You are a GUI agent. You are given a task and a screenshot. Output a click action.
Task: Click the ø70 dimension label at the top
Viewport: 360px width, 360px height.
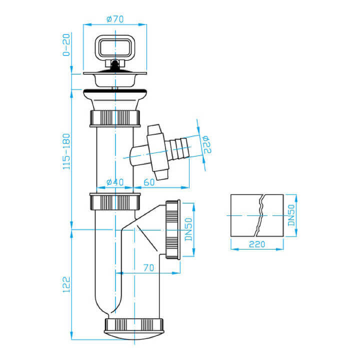[x=115, y=19]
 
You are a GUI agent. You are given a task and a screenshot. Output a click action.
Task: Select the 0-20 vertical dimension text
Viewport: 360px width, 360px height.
[x=66, y=45]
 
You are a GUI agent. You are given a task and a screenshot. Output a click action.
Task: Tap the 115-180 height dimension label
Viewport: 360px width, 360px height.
[x=66, y=151]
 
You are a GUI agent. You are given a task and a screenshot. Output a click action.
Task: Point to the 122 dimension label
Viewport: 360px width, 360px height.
[x=66, y=284]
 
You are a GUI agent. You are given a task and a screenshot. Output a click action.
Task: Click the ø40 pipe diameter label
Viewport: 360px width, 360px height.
[x=115, y=182]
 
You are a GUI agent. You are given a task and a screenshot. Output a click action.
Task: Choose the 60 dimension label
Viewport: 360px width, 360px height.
[x=149, y=182]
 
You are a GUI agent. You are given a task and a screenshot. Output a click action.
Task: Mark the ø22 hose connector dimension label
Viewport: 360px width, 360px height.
[x=206, y=144]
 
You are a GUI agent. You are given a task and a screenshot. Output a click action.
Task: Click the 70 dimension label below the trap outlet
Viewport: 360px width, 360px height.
[x=149, y=267]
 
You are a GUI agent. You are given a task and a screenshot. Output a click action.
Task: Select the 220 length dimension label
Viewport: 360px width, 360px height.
[x=257, y=244]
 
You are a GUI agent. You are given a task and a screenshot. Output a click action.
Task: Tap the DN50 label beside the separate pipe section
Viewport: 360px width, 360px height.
[x=291, y=215]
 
